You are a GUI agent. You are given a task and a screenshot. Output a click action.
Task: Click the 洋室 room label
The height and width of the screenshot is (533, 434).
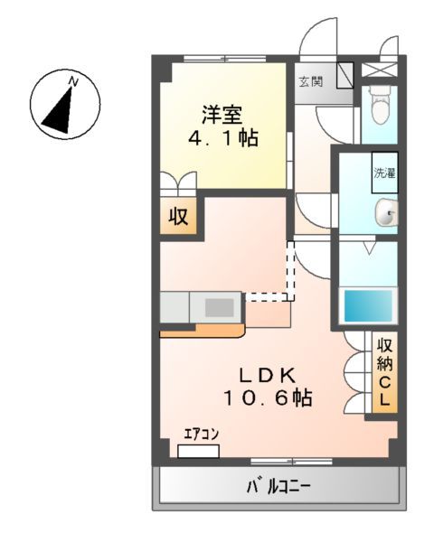coord(222,115)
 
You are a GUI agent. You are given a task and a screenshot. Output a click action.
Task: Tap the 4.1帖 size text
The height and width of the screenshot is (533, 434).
coord(222,139)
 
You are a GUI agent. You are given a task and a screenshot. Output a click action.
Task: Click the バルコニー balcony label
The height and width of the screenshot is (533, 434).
coord(279,488)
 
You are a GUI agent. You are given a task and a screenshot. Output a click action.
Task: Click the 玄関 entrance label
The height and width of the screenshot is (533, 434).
coord(309,82)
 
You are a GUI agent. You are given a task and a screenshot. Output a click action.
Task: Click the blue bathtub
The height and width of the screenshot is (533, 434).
coord(369,306)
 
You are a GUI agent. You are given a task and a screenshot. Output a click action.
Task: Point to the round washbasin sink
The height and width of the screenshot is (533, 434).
coord(386,214)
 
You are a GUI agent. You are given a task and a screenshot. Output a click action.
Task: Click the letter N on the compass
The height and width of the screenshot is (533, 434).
coord(74,82)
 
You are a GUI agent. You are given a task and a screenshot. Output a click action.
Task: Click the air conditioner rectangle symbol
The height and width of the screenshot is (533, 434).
coord(199,449)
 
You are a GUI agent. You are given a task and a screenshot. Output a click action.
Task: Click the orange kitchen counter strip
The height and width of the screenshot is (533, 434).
coord(203,330)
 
